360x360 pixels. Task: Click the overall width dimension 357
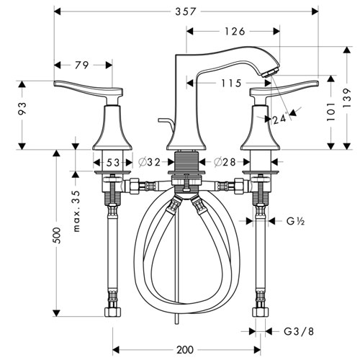185,10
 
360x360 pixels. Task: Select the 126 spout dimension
234,31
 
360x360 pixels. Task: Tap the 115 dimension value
230,84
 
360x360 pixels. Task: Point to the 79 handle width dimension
82,66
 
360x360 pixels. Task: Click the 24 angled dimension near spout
279,119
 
